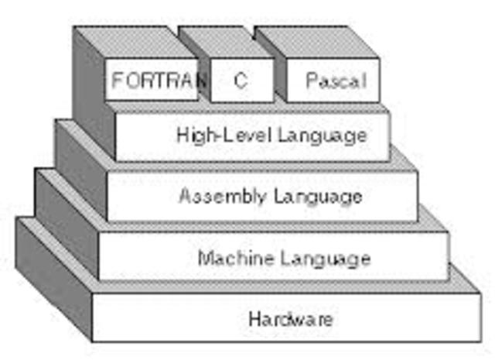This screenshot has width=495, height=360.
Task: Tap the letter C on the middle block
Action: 241,81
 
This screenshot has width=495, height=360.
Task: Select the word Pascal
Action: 335,81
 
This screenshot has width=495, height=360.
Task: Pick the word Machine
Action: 233,258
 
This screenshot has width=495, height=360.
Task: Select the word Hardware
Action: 291,318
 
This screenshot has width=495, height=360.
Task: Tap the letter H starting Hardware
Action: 254,318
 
